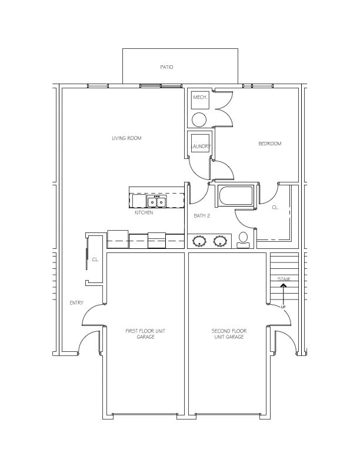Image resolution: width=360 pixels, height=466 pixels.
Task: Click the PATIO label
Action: [166, 67]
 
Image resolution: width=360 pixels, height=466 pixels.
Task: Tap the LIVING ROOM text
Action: [126, 138]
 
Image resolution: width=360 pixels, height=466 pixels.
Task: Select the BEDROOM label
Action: [269, 144]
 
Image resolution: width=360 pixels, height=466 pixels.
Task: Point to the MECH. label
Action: [200, 97]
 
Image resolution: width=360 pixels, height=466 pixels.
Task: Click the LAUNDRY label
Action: [201, 147]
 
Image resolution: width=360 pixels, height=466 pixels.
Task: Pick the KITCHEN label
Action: [144, 212]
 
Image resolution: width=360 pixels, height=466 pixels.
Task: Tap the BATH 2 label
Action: [202, 216]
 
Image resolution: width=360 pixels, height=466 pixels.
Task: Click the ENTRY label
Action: [76, 303]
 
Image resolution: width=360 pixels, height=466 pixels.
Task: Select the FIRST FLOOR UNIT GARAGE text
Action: [145, 334]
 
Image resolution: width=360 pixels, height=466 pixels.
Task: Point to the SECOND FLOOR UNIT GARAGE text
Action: [229, 334]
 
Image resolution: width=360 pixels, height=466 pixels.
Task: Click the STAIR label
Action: [284, 279]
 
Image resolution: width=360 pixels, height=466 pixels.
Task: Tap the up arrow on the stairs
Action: [284, 294]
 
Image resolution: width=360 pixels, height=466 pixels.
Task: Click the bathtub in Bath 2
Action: [236, 195]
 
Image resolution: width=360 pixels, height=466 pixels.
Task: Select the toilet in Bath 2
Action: [244, 240]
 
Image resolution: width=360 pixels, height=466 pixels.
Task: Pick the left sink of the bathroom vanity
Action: [199, 241]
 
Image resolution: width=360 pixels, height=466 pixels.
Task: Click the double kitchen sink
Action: [157, 201]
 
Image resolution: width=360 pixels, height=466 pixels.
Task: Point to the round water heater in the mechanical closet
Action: [199, 120]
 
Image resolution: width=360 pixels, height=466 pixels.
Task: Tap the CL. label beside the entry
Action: [95, 259]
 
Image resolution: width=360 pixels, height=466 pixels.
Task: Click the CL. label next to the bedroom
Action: [275, 208]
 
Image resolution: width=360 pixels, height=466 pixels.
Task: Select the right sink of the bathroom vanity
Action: [220, 241]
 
